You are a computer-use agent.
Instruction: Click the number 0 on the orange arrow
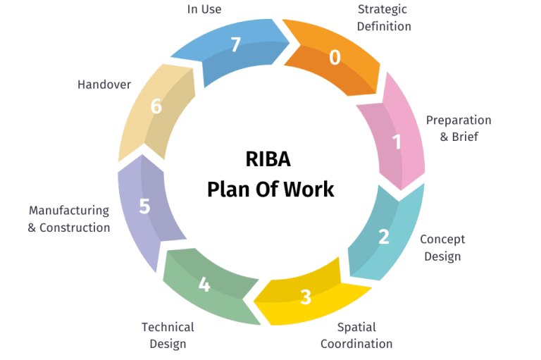(x=335, y=57)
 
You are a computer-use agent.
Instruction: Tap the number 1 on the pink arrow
(x=397, y=142)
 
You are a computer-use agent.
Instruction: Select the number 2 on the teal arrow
(x=384, y=237)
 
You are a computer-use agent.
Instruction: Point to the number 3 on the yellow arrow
(x=306, y=297)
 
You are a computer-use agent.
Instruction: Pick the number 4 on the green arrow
(x=204, y=285)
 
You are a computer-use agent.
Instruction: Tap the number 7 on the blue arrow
(x=236, y=45)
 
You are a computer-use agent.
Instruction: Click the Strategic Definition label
(x=384, y=18)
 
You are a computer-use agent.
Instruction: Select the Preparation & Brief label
(x=459, y=128)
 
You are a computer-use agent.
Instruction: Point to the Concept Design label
(x=442, y=248)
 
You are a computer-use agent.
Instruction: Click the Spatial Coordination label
(x=356, y=335)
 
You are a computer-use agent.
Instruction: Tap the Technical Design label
(x=168, y=335)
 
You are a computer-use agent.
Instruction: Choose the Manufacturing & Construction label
(x=68, y=219)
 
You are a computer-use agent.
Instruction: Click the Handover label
(x=104, y=85)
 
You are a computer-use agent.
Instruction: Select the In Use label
(x=204, y=9)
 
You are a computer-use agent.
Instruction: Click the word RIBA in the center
(x=268, y=159)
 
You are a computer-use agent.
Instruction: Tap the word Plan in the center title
(x=229, y=190)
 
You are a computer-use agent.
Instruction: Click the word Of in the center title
(x=267, y=190)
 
